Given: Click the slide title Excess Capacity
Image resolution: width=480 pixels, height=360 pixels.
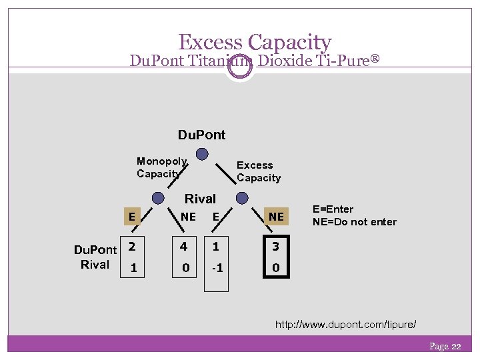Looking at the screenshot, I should tap(255, 43).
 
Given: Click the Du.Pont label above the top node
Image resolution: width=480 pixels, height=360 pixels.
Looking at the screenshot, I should tap(201, 135).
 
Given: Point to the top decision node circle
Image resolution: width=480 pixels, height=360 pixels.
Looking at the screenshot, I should tap(202, 154).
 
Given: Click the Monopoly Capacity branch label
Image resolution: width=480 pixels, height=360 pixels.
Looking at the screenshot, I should tap(161, 167).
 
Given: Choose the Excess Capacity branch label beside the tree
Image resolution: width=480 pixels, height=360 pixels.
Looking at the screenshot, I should tap(259, 171).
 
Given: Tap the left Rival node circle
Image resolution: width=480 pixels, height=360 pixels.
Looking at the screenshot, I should tap(158, 198).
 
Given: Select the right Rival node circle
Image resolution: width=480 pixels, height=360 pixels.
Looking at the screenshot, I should tap(242, 198).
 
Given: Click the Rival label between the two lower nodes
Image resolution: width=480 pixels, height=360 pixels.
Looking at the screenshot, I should tap(200, 199).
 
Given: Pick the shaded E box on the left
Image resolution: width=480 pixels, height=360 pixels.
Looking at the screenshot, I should tap(133, 216).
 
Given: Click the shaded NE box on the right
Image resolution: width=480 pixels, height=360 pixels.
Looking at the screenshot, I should tap(276, 217).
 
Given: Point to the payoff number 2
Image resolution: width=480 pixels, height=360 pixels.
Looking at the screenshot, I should tap(133, 247).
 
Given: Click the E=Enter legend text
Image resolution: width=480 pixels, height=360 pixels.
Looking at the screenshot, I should tap(333, 209).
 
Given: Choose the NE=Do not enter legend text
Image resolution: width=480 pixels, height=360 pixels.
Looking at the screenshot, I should tap(355, 222).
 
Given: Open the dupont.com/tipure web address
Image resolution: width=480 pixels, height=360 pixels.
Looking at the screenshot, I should tap(346, 325).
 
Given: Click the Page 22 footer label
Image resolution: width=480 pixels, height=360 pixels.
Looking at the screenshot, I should tap(445, 346).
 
